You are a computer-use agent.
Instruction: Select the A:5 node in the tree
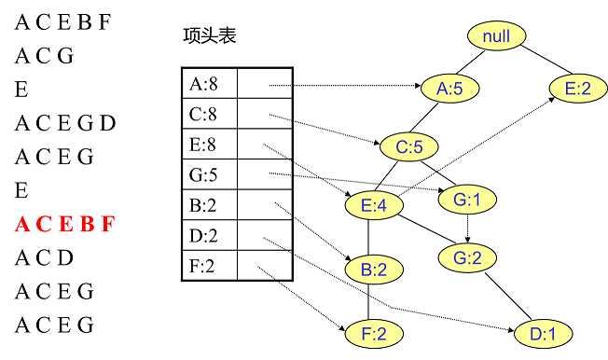click(450, 89)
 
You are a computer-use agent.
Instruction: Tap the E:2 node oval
click(578, 89)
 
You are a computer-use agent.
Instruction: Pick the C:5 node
click(409, 146)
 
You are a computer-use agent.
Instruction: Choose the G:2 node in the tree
click(468, 259)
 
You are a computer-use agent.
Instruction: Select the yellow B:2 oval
click(371, 270)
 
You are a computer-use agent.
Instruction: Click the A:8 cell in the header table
click(209, 85)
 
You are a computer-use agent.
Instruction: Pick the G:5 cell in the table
click(209, 174)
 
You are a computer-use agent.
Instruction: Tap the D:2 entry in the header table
click(209, 235)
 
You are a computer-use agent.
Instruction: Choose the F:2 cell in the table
click(209, 266)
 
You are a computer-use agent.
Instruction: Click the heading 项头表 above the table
click(210, 36)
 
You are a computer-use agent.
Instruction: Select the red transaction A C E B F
click(64, 224)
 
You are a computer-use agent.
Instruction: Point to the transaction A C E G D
click(65, 123)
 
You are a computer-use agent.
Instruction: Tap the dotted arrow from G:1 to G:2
click(467, 228)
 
